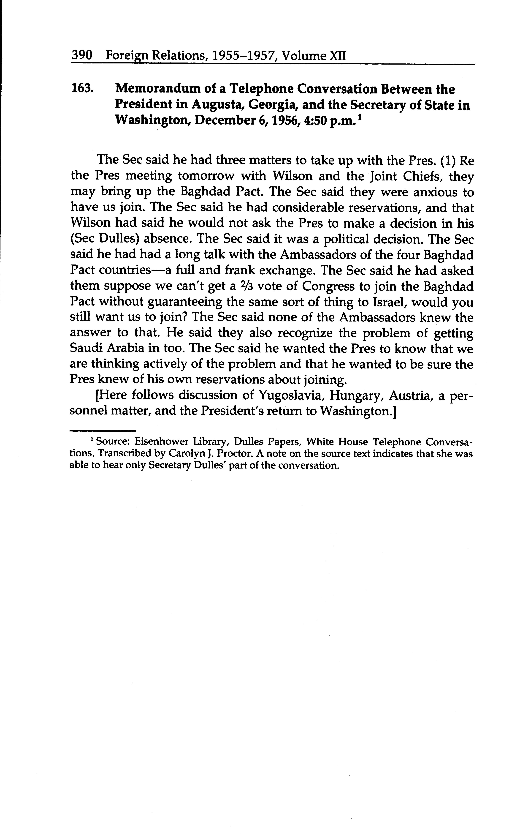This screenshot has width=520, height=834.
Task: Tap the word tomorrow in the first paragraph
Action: (206, 176)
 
